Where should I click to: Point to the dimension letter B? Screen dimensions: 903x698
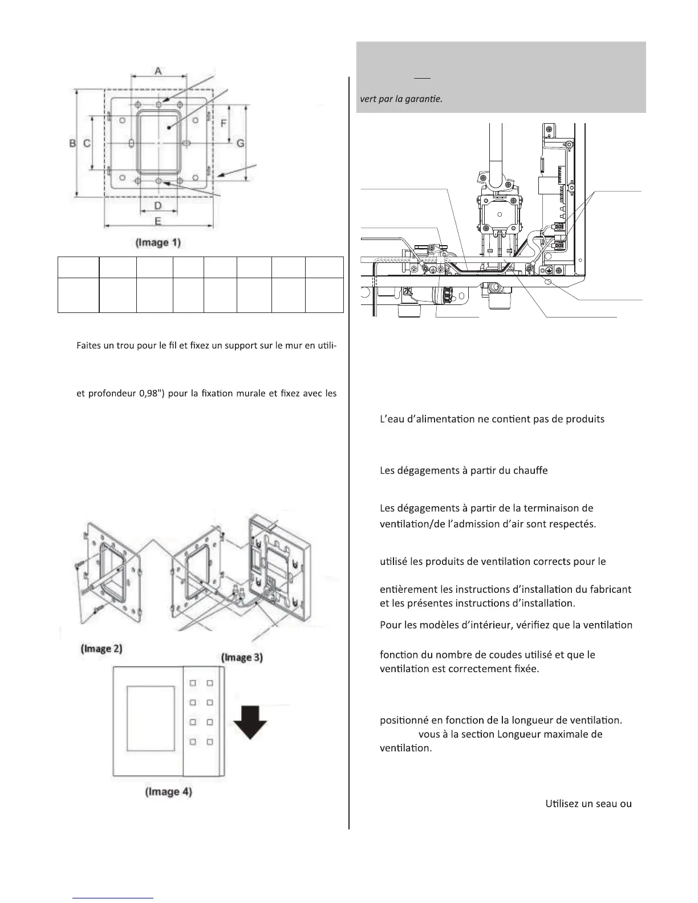tap(72, 144)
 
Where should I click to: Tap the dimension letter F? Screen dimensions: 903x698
tap(224, 123)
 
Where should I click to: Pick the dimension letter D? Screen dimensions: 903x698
tap(158, 205)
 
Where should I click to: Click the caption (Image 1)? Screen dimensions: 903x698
tap(158, 242)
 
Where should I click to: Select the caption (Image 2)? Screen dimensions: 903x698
tap(101, 649)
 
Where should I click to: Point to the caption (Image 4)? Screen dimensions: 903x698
tap(169, 792)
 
